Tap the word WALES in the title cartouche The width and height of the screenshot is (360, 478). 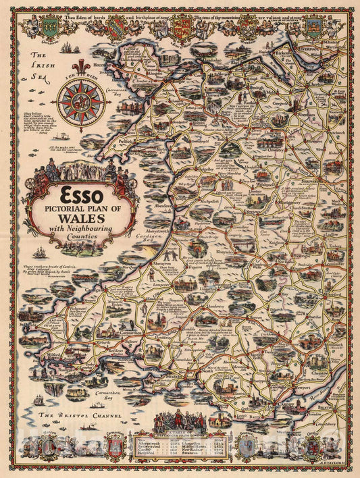pyautogui.click(x=81, y=219)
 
